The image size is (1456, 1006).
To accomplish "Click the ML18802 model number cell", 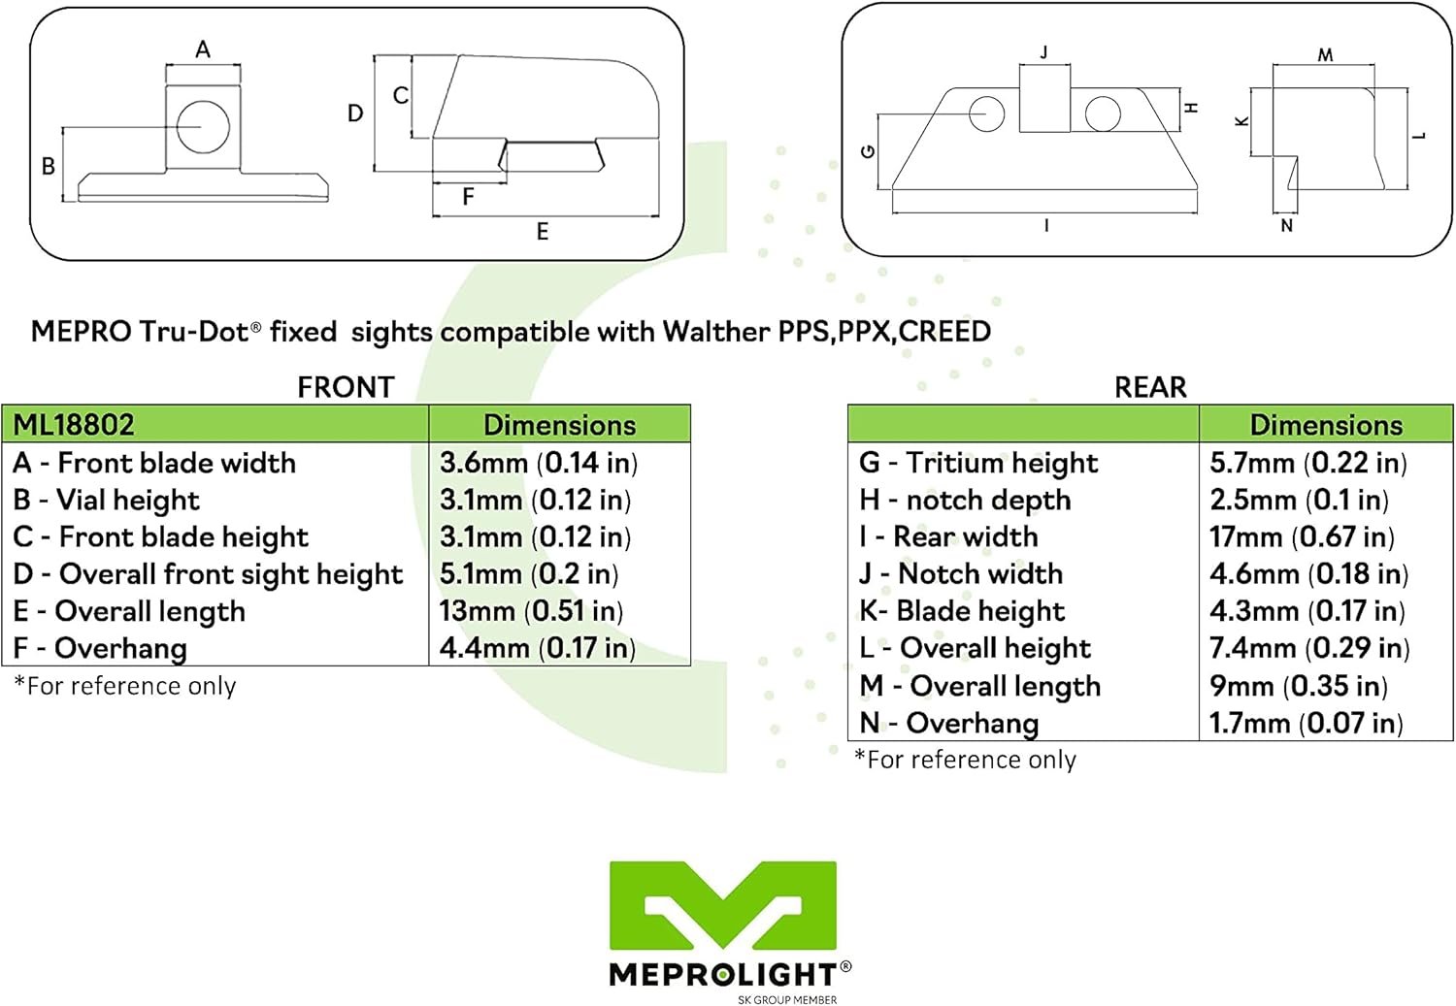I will pos(74,425).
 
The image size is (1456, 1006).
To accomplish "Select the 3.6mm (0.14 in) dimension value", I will pos(539,463).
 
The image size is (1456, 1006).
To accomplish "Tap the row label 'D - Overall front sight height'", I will pos(208,574).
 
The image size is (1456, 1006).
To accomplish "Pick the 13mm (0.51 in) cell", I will pos(531,611).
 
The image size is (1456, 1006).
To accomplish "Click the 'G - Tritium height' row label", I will pos(978,463).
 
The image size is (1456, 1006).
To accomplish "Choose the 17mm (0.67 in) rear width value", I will pos(1302,536).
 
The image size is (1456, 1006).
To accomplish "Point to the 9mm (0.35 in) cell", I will pos(1299,686).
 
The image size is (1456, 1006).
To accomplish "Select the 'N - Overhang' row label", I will pos(949,723).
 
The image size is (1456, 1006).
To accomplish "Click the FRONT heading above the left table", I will pos(346,387).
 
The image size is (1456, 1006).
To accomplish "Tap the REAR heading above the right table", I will pos(1150,387).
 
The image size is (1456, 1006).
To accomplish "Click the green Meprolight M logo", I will pos(723,905).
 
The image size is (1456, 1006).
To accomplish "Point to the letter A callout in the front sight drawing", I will pos(203,49).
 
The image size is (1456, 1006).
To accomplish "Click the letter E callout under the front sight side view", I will pos(543,232).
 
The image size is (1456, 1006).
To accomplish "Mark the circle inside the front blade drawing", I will pos(203,126).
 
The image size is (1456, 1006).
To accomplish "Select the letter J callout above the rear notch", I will pos(1044,52).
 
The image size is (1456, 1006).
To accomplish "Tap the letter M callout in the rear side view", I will pos(1325,55).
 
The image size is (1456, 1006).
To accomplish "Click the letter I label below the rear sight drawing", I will pos(1045,226).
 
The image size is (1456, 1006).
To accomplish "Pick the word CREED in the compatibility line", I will pos(944,332).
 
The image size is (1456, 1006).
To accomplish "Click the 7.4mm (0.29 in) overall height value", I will pos(1309,648).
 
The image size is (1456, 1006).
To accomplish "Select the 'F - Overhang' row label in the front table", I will pos(100,648).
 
